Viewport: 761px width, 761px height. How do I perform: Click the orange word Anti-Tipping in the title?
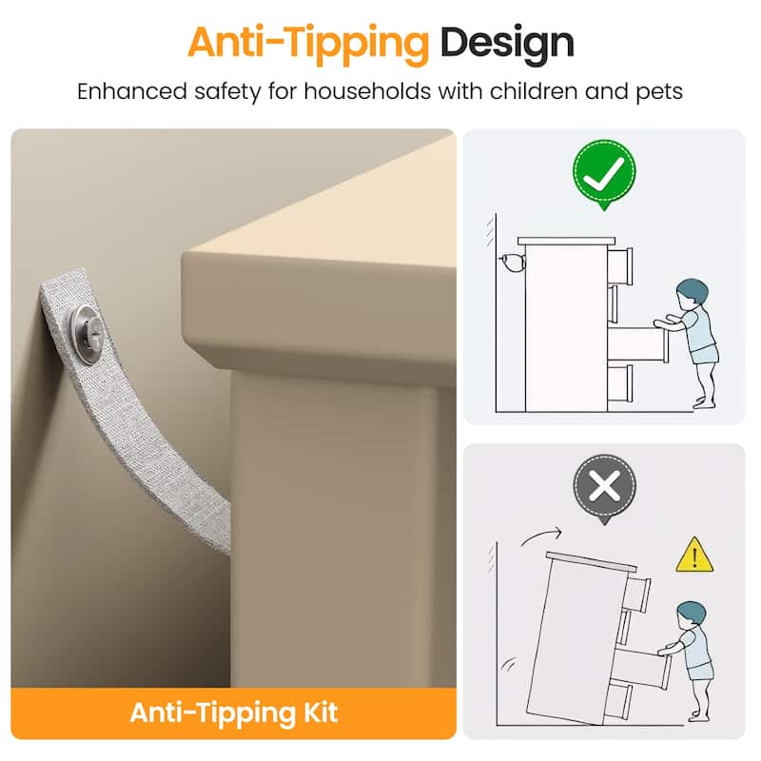pyautogui.click(x=308, y=44)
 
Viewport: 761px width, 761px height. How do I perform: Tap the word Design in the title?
pyautogui.click(x=507, y=44)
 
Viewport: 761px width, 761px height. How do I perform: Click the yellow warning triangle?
pyautogui.click(x=694, y=556)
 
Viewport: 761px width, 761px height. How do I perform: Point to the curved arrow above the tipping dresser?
pyautogui.click(x=540, y=536)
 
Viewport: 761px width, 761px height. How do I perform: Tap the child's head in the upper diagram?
pyautogui.click(x=693, y=293)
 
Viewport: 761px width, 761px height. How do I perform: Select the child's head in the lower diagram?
pyautogui.click(x=692, y=615)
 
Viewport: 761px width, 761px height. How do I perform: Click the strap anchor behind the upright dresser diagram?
pyautogui.click(x=513, y=263)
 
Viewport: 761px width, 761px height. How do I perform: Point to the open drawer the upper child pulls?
pyautogui.click(x=638, y=344)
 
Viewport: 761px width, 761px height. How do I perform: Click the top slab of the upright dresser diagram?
pyautogui.click(x=566, y=241)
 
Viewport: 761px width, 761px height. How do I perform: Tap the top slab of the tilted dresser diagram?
pyautogui.click(x=591, y=561)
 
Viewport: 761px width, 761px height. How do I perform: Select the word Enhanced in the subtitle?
pyautogui.click(x=132, y=91)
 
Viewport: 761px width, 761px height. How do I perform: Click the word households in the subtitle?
pyautogui.click(x=367, y=91)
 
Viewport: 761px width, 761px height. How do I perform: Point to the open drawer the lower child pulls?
pyautogui.click(x=640, y=669)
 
